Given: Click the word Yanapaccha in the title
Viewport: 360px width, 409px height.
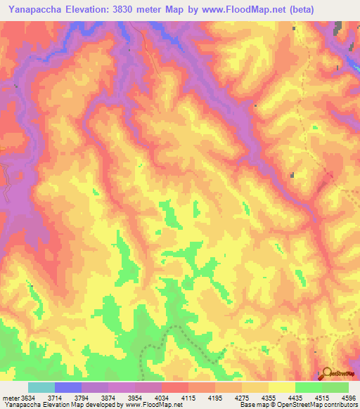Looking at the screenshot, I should tap(34, 9).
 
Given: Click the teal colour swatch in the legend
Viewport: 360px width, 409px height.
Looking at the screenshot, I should tap(41, 387).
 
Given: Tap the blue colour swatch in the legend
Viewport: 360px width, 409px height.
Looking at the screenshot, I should tap(68, 387).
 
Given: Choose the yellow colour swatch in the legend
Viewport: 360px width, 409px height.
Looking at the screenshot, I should tap(281, 387).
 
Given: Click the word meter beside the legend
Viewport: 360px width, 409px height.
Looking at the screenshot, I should tap(8, 398).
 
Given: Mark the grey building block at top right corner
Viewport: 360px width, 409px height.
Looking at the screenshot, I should tap(338, 29).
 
